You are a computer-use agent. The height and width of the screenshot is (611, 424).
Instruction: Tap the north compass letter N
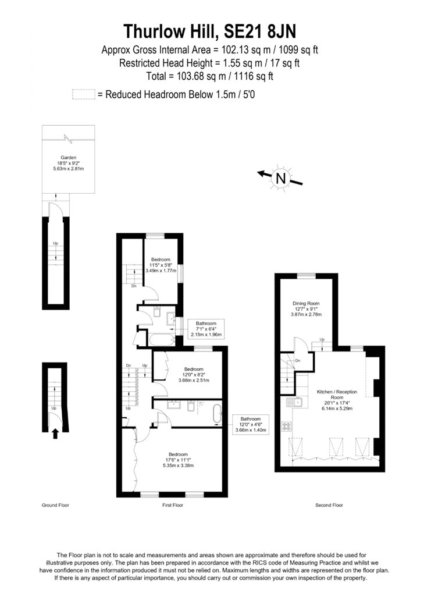point(281,178)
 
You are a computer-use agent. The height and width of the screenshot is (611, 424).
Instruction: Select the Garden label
point(69,158)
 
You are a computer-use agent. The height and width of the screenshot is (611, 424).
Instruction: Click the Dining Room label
point(306,303)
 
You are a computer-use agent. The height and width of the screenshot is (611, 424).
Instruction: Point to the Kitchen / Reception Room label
point(337,395)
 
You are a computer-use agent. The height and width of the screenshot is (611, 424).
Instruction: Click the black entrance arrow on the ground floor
point(55,434)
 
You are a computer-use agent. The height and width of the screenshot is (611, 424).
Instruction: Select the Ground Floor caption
point(55,505)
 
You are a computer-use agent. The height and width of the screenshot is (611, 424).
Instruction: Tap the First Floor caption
point(173,505)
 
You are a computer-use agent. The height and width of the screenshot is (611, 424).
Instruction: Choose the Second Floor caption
point(329,505)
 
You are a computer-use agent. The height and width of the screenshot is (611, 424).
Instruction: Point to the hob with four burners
point(287,427)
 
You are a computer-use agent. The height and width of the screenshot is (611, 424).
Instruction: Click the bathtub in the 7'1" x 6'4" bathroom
point(161,340)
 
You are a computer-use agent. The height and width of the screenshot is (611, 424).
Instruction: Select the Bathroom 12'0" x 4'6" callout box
point(250,424)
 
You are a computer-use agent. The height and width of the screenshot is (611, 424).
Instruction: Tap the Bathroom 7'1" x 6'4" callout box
point(206,329)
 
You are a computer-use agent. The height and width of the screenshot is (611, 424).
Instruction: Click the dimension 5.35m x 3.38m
point(179,466)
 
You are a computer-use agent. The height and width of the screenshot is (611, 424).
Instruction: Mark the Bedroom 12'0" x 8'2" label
point(194,375)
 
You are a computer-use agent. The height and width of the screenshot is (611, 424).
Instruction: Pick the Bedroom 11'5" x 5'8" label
point(161,265)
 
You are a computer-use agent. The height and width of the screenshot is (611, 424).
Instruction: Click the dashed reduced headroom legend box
point(84,94)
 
